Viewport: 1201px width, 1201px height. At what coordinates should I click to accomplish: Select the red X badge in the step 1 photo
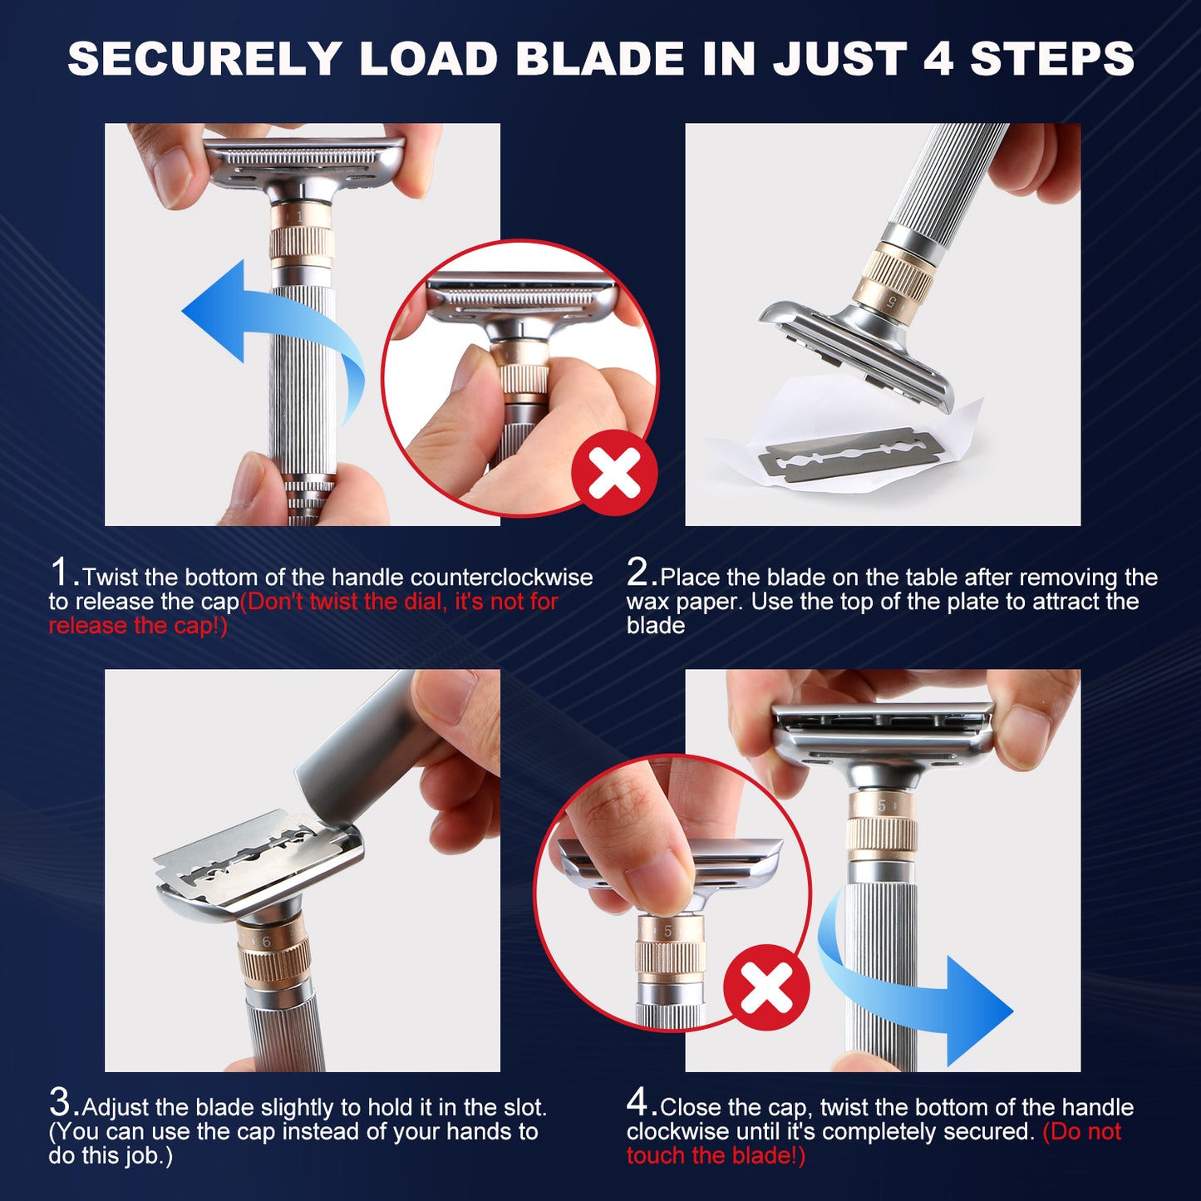click(x=614, y=472)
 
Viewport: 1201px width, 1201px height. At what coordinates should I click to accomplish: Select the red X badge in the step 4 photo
click(x=766, y=987)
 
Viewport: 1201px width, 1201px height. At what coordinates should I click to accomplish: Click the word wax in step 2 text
click(x=647, y=602)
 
